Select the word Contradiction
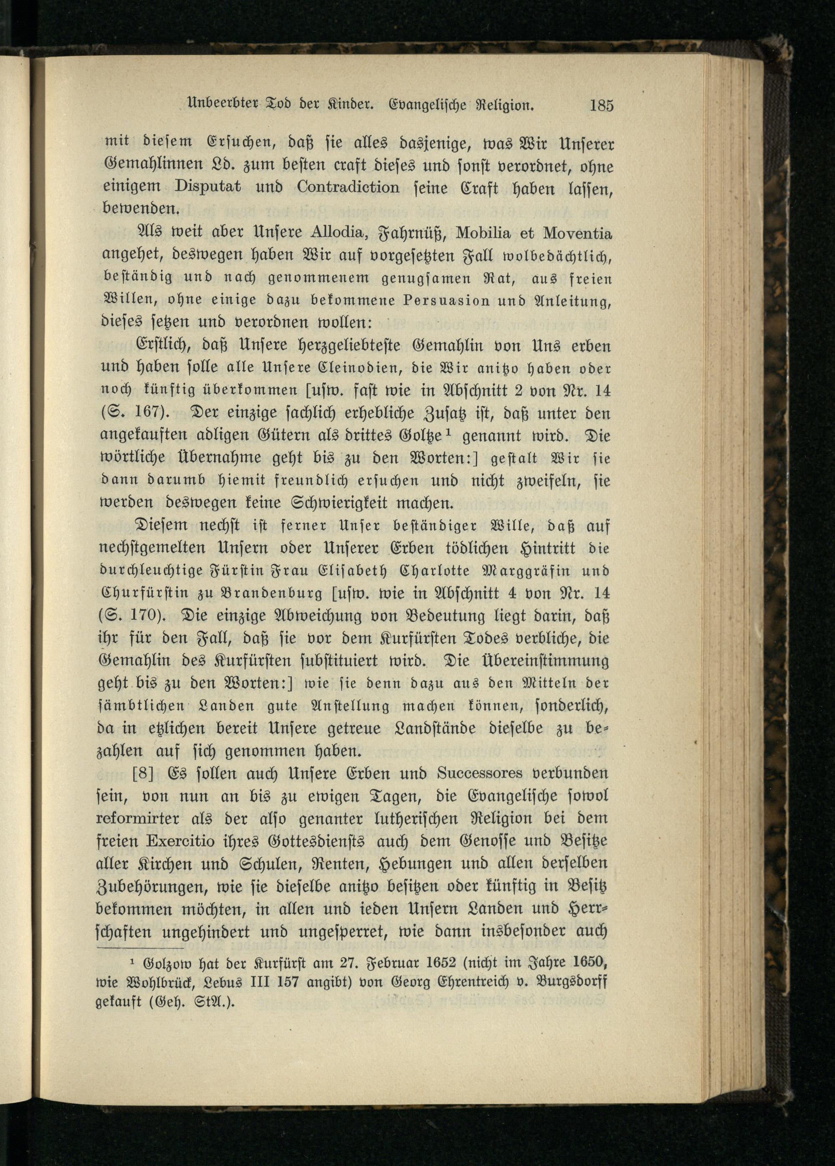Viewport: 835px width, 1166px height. point(348,187)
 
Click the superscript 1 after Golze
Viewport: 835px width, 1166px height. point(448,433)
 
